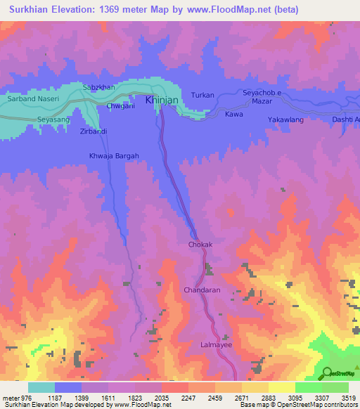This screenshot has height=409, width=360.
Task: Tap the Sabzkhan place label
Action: point(98,86)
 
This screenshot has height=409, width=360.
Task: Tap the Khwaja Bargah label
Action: point(114,156)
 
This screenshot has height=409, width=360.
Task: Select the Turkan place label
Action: point(202,94)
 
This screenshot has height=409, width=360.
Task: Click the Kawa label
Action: point(234,113)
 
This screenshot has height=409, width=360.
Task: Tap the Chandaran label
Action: point(202,290)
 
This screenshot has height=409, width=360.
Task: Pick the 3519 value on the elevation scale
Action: point(347,398)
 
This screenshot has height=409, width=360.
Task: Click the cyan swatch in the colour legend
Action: point(41,387)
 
